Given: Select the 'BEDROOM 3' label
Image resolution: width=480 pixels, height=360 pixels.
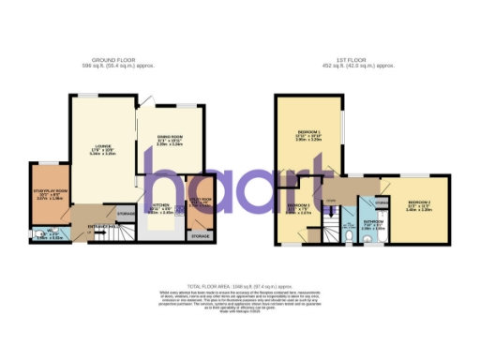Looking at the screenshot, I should click(297, 205).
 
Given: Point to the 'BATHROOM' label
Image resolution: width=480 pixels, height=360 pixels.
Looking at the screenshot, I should click(367, 221).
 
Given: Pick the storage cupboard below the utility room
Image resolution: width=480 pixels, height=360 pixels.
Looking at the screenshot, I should click(200, 236).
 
